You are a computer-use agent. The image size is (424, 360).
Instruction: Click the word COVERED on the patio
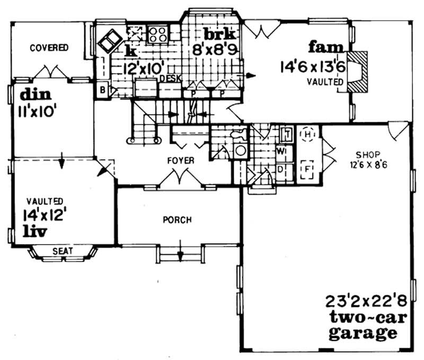point(49,48)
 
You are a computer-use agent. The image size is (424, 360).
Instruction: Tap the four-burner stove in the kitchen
point(157,34)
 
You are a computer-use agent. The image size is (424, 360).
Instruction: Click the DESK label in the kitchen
point(171,78)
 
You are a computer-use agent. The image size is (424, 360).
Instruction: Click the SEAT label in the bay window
point(62,251)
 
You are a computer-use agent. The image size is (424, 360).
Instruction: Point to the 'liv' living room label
point(35,231)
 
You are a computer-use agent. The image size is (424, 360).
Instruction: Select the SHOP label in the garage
point(366,155)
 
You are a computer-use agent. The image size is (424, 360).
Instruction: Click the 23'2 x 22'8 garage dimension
point(360,303)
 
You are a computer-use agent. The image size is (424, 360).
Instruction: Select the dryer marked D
point(281,171)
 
